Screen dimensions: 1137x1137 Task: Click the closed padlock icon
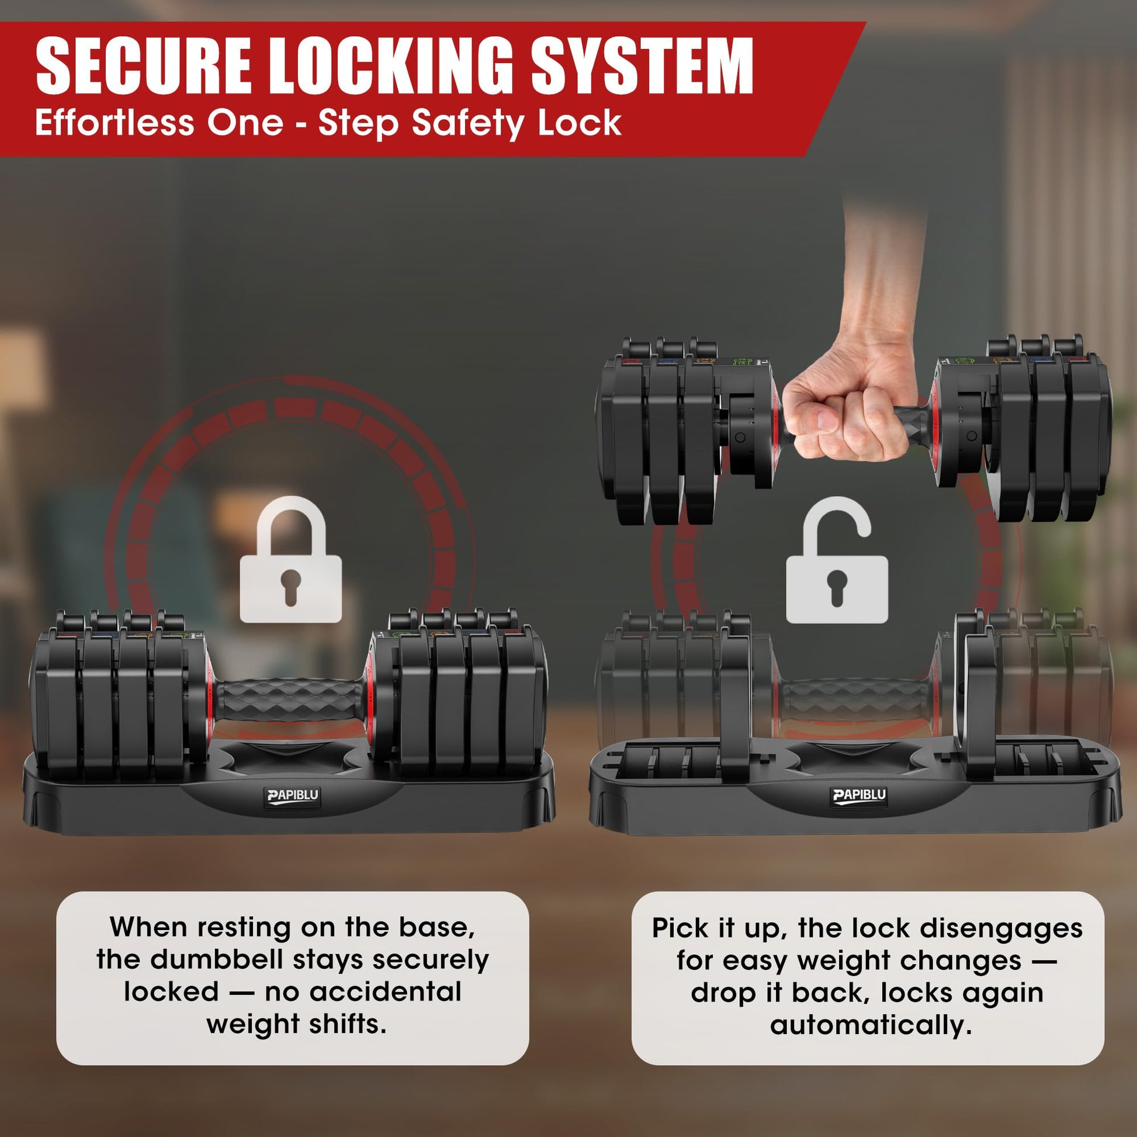point(291,559)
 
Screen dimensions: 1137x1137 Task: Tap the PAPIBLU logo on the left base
point(293,795)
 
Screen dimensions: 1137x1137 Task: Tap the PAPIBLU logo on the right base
point(860,795)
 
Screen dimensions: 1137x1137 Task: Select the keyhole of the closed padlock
point(291,586)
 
